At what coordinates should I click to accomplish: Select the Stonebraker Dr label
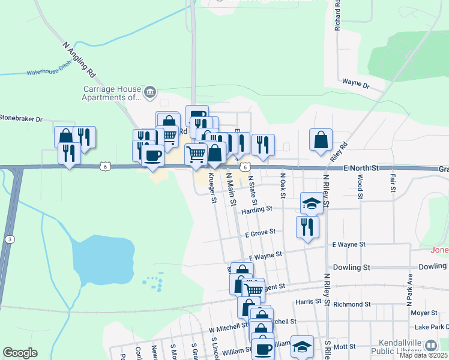pyautogui.click(x=21, y=119)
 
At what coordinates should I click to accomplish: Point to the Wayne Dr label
pyautogui.click(x=355, y=83)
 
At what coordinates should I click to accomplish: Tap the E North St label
pyautogui.click(x=363, y=170)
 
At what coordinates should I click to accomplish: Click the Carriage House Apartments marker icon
pyautogui.click(x=150, y=92)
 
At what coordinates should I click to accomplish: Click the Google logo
pyautogui.click(x=20, y=353)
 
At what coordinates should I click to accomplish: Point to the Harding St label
pyautogui.click(x=257, y=210)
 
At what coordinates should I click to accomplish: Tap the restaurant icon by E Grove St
pyautogui.click(x=307, y=227)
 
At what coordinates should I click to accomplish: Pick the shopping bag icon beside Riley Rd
pyautogui.click(x=321, y=140)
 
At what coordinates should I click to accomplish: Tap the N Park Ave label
pyautogui.click(x=410, y=287)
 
